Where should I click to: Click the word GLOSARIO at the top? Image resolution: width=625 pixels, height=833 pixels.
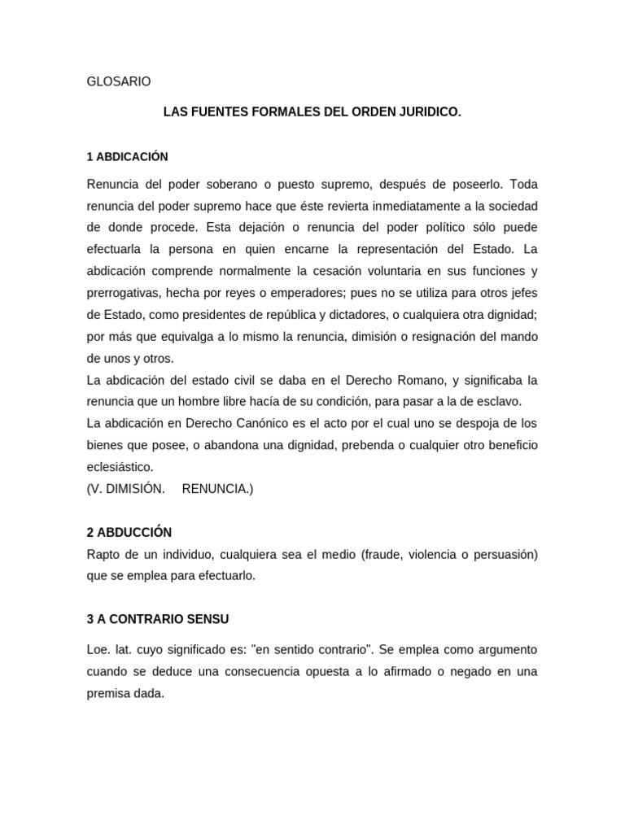tap(119, 81)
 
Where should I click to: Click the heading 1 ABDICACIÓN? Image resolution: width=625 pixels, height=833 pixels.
tap(127, 156)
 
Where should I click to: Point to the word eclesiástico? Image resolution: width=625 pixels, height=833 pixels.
tap(120, 467)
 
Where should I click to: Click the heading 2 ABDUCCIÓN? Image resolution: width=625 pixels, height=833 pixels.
tap(129, 532)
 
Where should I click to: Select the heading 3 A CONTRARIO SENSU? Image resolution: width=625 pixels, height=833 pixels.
tap(158, 619)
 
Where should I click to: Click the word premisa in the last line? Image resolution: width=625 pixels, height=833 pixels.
tap(109, 695)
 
